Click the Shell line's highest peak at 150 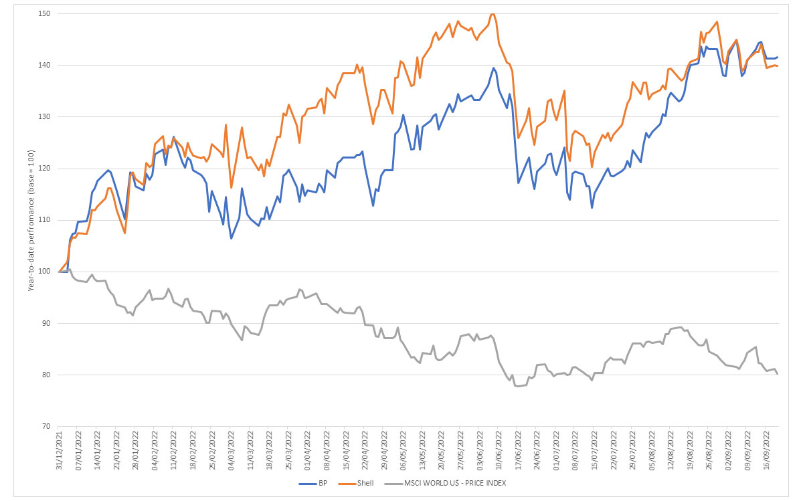pyautogui.click(x=493, y=13)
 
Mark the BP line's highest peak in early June pyautogui.click(x=494, y=68)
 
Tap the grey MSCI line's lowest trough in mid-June pyautogui.click(x=517, y=386)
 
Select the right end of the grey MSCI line pyautogui.click(x=778, y=374)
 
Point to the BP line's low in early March pyautogui.click(x=231, y=239)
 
